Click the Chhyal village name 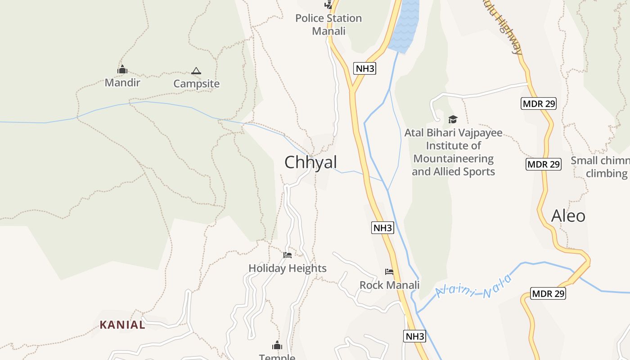pyautogui.click(x=310, y=162)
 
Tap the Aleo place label pyautogui.click(x=568, y=216)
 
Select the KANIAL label pyautogui.click(x=122, y=325)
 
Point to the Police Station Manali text pyautogui.click(x=328, y=25)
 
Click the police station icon pyautogui.click(x=328, y=5)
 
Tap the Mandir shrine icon pyautogui.click(x=122, y=70)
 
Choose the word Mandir pyautogui.click(x=122, y=83)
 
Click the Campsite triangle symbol pyautogui.click(x=196, y=71)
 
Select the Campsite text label pyautogui.click(x=197, y=84)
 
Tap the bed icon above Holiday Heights pyautogui.click(x=288, y=255)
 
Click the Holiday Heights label pyautogui.click(x=288, y=269)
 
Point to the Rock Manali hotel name pyautogui.click(x=389, y=285)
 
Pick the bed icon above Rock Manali pyautogui.click(x=389, y=272)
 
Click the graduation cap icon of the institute pyautogui.click(x=453, y=119)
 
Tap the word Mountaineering pyautogui.click(x=453, y=159)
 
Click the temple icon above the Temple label pyautogui.click(x=277, y=346)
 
